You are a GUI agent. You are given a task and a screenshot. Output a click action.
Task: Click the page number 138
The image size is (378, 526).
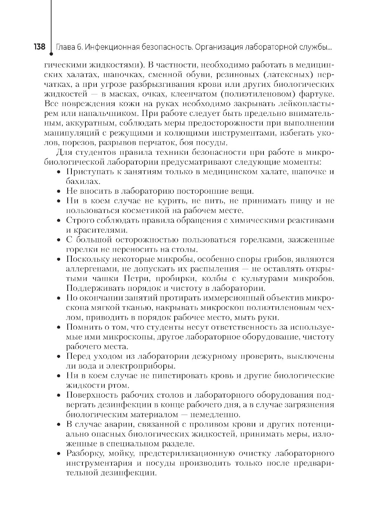(40, 47)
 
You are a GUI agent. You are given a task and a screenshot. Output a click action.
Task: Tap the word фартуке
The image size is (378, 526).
(317, 94)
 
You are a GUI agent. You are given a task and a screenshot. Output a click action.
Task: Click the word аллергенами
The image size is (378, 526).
(89, 269)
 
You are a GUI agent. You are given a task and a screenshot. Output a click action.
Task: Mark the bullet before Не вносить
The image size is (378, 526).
(59, 191)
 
